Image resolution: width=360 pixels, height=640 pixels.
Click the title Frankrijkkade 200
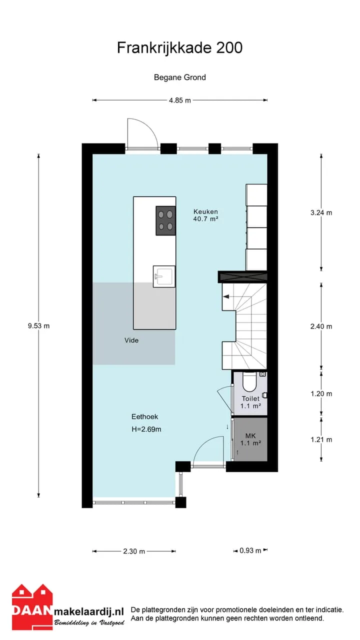(x=179, y=47)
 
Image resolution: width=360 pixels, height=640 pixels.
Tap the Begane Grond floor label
(x=179, y=77)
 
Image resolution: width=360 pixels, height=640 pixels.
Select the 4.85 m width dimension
(x=179, y=100)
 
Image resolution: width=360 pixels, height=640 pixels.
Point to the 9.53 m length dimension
(x=38, y=325)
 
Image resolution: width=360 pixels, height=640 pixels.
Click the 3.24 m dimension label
(x=321, y=212)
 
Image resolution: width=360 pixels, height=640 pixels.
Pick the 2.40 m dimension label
(x=321, y=326)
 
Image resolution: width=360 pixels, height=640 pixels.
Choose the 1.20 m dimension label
(x=321, y=393)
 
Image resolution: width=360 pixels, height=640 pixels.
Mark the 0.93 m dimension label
(x=250, y=550)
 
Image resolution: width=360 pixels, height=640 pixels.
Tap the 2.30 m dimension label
(x=134, y=551)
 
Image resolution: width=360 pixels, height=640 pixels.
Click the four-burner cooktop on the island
(x=165, y=221)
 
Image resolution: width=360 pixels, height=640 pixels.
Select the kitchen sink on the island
(x=164, y=276)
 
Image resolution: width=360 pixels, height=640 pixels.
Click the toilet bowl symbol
(x=249, y=381)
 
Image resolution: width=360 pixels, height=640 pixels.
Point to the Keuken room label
(x=205, y=211)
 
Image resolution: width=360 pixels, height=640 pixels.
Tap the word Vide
(x=131, y=340)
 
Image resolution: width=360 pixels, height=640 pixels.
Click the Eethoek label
(x=144, y=416)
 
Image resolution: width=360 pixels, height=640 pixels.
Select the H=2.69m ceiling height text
(x=146, y=429)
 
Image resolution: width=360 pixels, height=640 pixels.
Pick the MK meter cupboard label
(x=250, y=435)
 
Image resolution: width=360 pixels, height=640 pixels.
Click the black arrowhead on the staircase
(x=226, y=297)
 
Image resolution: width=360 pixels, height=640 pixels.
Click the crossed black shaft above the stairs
(x=242, y=276)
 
